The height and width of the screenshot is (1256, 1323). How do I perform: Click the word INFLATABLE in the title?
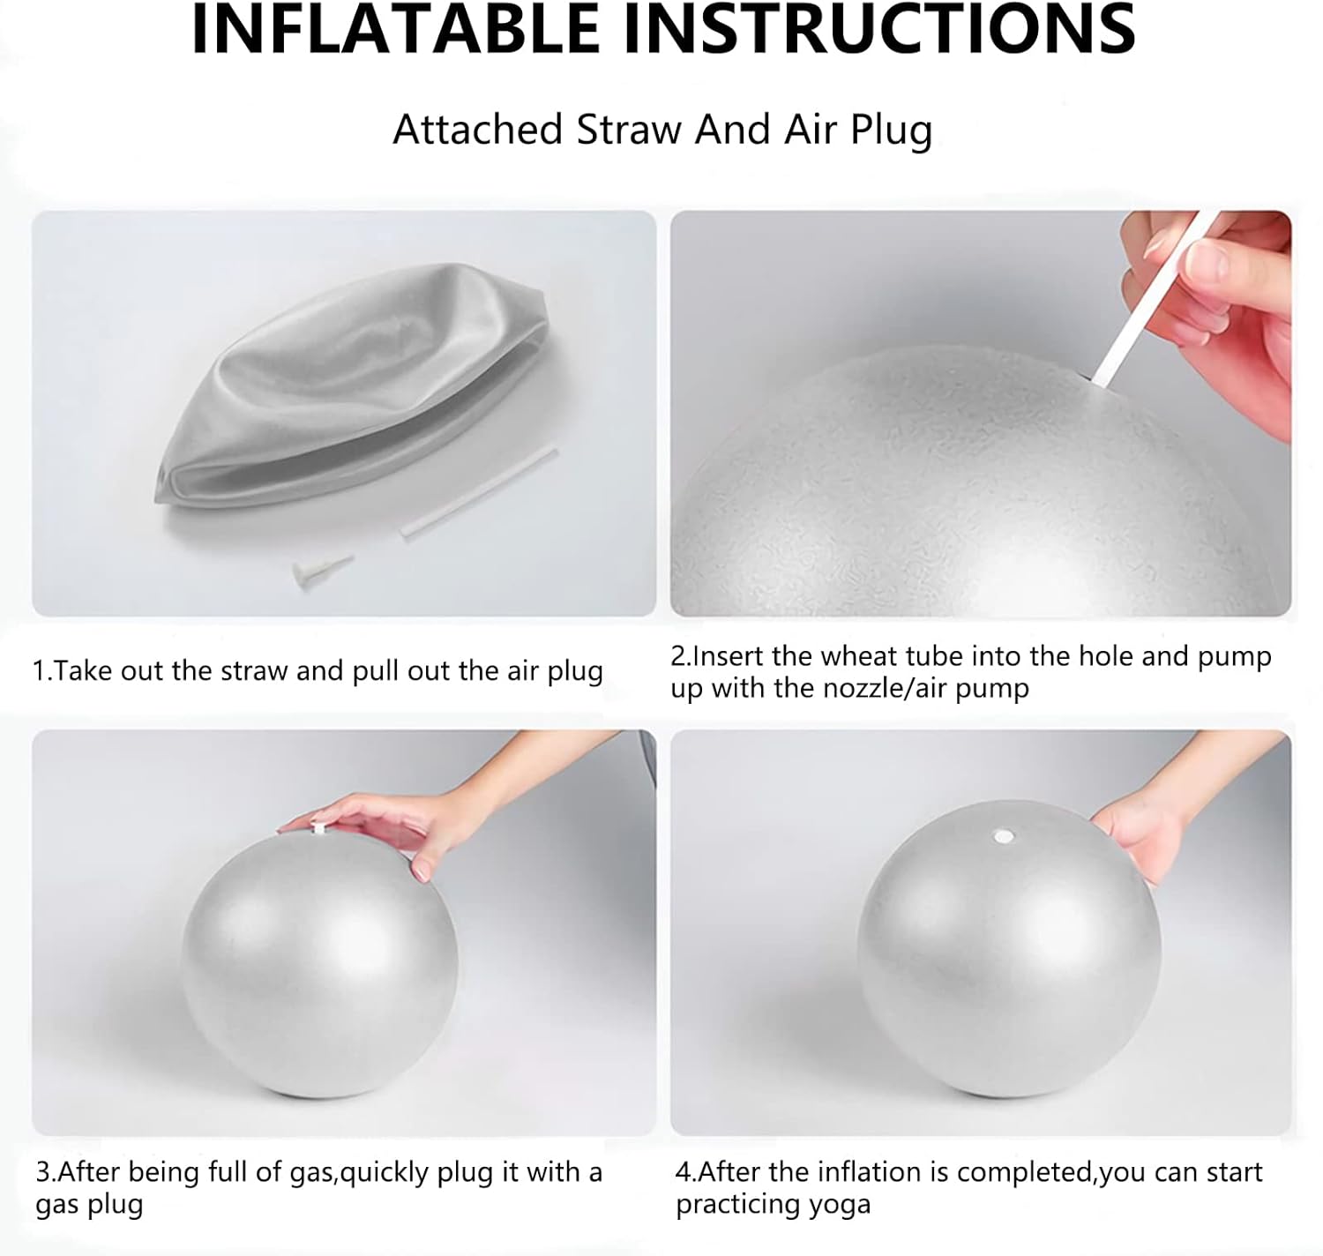395,29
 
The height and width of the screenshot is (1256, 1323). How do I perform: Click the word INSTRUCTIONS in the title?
879,29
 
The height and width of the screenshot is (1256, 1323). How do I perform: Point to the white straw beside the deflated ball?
479,493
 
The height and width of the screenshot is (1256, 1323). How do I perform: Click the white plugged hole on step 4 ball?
1004,837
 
